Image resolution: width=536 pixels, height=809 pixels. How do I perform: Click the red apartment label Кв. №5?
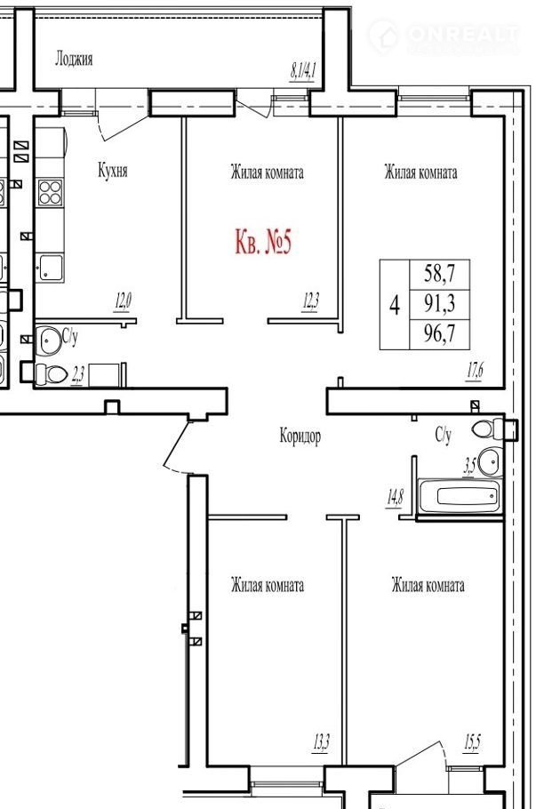click(263, 242)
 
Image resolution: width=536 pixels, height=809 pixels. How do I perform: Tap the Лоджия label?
click(74, 59)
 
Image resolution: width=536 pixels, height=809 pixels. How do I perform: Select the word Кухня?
click(113, 170)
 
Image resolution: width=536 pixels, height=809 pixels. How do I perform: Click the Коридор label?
click(300, 436)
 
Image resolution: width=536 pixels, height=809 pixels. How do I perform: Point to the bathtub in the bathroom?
click(460, 496)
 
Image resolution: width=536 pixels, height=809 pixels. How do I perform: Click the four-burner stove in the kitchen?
click(50, 192)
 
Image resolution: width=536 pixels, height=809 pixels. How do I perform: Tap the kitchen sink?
click(50, 268)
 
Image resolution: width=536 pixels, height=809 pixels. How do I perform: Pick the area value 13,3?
click(321, 743)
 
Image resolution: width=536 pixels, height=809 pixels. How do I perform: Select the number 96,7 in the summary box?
click(439, 333)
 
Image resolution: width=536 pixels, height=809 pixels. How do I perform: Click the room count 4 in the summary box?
click(395, 304)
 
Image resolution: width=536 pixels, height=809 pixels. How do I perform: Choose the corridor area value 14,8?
click(396, 499)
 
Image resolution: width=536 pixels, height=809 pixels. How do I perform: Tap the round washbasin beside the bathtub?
click(489, 461)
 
